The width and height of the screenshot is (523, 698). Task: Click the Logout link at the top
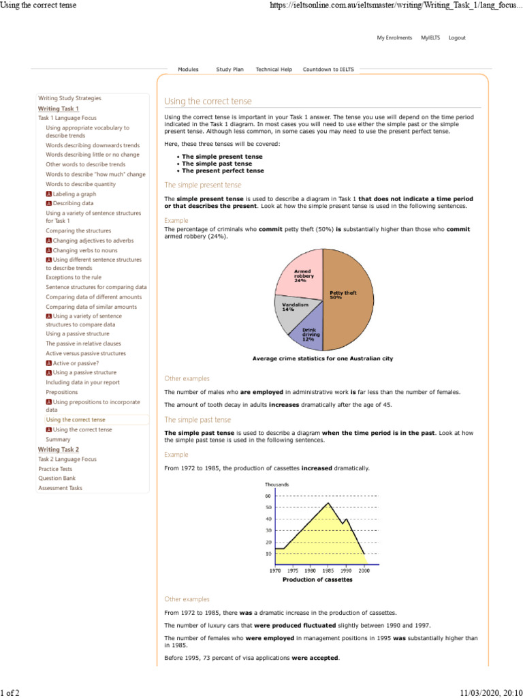(x=457, y=38)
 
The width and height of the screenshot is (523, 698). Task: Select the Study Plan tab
(x=229, y=70)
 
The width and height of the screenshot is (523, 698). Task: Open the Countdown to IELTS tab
(x=328, y=70)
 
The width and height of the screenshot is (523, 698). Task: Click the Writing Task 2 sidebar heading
(x=59, y=449)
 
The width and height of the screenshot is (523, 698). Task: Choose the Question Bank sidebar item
(x=57, y=479)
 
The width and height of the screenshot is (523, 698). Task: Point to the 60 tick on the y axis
(x=268, y=496)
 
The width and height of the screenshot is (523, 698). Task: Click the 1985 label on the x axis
(x=328, y=570)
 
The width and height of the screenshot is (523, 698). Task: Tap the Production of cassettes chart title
(x=317, y=580)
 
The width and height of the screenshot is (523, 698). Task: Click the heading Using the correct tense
(x=208, y=102)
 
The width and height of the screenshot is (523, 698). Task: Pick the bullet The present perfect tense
(x=223, y=171)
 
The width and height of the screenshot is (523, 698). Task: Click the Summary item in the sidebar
(x=58, y=440)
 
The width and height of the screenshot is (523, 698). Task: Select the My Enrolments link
(x=394, y=38)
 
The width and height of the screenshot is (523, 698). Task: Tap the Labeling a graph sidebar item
(x=74, y=194)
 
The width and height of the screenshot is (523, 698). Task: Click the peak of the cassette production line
(x=329, y=503)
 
